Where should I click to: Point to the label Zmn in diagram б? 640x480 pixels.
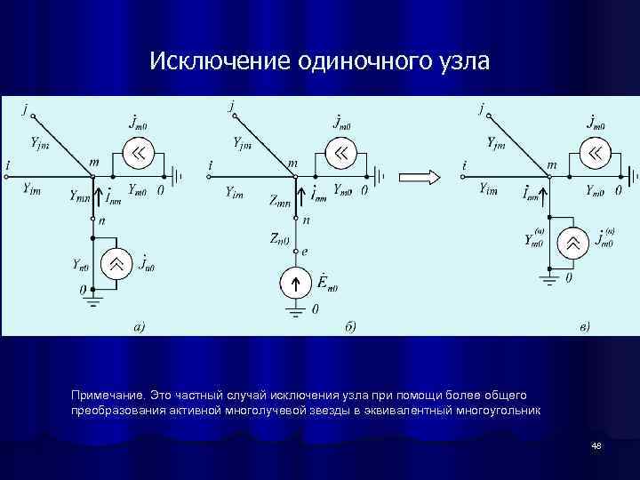pyautogui.click(x=279, y=202)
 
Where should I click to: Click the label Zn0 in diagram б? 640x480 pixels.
pyautogui.click(x=280, y=238)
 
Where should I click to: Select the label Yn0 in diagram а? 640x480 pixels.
pyautogui.click(x=81, y=264)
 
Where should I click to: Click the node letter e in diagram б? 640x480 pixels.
pyautogui.click(x=306, y=252)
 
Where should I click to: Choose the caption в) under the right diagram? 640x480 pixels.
pyautogui.click(x=583, y=326)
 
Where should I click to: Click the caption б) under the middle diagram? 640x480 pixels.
pyautogui.click(x=350, y=326)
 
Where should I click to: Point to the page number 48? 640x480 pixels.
pyautogui.click(x=596, y=444)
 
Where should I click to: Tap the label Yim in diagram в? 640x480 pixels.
pyautogui.click(x=488, y=188)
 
